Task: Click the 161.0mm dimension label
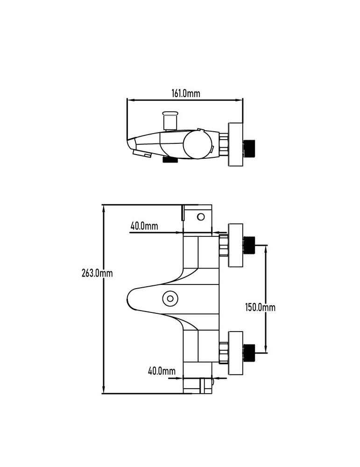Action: coord(185,93)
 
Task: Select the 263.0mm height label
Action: coord(97,273)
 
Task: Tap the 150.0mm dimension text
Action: coord(260,307)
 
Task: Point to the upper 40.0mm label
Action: coord(144,226)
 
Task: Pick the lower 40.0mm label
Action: coord(162,371)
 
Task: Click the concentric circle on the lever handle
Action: coord(170,298)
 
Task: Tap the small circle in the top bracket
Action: coord(201,217)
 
